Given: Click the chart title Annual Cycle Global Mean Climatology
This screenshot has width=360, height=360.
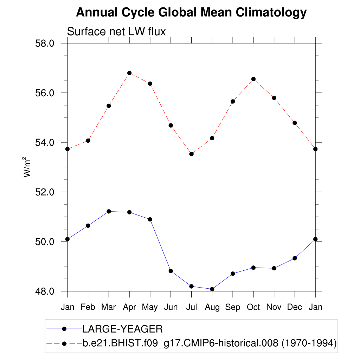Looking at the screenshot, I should pyautogui.click(x=191, y=13).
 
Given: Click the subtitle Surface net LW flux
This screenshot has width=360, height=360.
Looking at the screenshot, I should pyautogui.click(x=116, y=32).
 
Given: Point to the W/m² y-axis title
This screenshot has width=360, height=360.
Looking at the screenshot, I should pyautogui.click(x=27, y=167).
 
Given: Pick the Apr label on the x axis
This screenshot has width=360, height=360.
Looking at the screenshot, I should pyautogui.click(x=129, y=307).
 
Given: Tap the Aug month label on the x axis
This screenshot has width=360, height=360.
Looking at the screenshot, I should pyautogui.click(x=212, y=307).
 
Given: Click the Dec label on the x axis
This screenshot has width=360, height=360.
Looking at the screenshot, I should pyautogui.click(x=295, y=307).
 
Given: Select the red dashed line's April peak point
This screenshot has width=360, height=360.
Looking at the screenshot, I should pyautogui.click(x=129, y=73).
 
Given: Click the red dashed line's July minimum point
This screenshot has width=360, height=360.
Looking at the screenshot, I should pyautogui.click(x=191, y=154).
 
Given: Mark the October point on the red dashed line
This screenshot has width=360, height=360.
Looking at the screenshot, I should pyautogui.click(x=253, y=79).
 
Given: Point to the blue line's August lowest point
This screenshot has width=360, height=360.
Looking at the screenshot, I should pyautogui.click(x=212, y=289).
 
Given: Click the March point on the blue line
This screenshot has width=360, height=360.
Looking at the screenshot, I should pyautogui.click(x=109, y=211).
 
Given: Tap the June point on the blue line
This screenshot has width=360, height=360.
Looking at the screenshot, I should pyautogui.click(x=171, y=271).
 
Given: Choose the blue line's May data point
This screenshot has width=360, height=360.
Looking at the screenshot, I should pyautogui.click(x=150, y=219).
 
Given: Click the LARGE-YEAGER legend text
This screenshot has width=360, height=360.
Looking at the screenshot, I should pyautogui.click(x=122, y=329).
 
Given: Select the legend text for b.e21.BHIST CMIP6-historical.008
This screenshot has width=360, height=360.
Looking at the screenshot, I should pyautogui.click(x=210, y=343).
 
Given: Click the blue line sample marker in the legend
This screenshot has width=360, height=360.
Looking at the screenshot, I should pyautogui.click(x=64, y=329).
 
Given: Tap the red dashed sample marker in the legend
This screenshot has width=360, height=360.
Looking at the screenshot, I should pyautogui.click(x=64, y=343).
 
